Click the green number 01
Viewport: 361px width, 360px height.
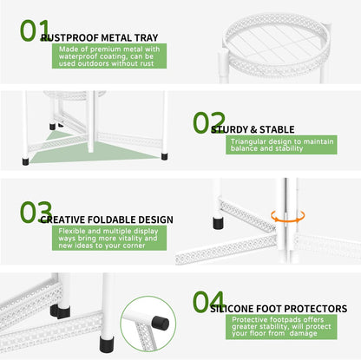pos(35,30)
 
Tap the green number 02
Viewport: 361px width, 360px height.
pos(209,122)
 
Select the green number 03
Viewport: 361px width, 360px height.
pos(36,213)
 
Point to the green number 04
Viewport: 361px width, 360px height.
pos(209,302)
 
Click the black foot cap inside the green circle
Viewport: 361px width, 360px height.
pos(161,323)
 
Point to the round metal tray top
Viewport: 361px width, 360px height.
pos(276,45)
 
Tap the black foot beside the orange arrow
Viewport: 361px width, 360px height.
pos(218,223)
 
